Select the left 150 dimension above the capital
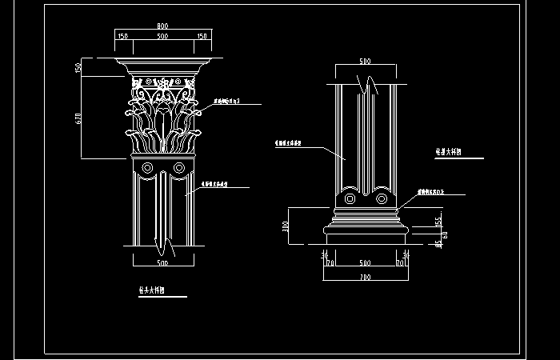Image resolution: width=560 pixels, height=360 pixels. [x=123, y=37]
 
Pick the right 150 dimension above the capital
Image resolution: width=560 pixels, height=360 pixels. [x=202, y=37]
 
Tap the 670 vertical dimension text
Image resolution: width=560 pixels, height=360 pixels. [x=78, y=118]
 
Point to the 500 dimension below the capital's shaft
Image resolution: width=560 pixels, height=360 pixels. [x=162, y=262]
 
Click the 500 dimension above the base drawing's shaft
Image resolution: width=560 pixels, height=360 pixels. [x=365, y=62]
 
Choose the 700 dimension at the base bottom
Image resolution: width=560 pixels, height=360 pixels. [x=365, y=276]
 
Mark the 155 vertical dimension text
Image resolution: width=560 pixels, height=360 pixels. [x=438, y=220]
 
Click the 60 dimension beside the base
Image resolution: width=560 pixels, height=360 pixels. [x=445, y=235]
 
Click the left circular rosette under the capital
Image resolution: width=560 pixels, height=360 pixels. [x=146, y=168]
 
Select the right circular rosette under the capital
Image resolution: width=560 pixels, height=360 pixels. [x=179, y=168]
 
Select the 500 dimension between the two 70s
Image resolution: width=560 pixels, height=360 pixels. [x=365, y=262]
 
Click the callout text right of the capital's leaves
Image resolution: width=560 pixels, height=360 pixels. [x=228, y=102]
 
